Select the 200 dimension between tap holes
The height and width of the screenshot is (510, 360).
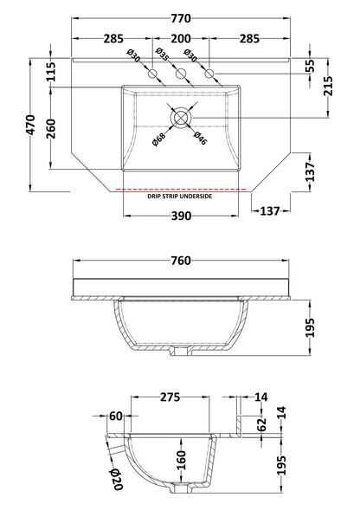(x=181, y=38)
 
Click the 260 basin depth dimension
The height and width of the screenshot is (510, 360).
(x=51, y=129)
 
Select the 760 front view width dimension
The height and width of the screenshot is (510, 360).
(x=180, y=261)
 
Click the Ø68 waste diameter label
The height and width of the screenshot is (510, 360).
(x=159, y=134)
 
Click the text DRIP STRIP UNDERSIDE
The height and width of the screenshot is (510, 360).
(x=180, y=197)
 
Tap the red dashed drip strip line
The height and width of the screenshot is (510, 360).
(x=180, y=188)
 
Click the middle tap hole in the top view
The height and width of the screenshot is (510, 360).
(x=181, y=76)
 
